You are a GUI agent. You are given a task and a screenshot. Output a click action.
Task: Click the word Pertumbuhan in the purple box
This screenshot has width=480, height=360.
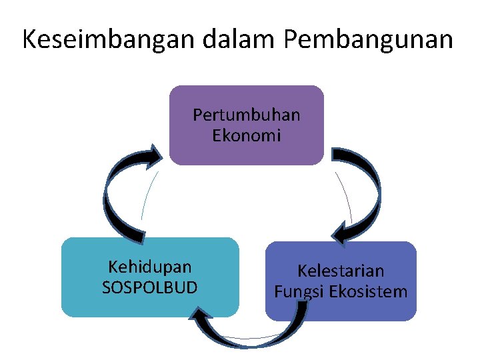pyautogui.click(x=247, y=115)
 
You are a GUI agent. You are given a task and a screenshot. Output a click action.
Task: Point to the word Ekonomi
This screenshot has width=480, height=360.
pyautogui.click(x=247, y=135)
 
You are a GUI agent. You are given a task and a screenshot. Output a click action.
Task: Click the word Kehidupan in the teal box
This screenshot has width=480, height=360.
pyautogui.click(x=149, y=267)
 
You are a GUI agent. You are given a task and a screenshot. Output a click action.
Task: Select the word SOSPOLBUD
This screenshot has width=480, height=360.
pyautogui.click(x=149, y=288)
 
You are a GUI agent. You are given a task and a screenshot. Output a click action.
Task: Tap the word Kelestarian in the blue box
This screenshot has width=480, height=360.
pyautogui.click(x=341, y=271)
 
